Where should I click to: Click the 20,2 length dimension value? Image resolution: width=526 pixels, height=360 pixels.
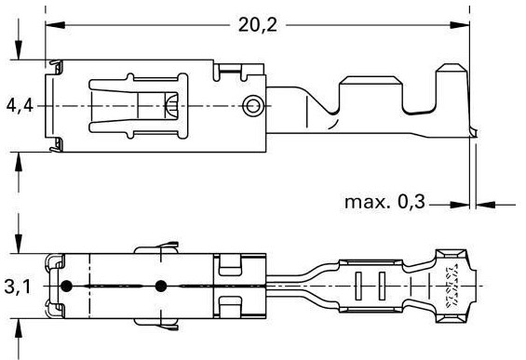click(258, 25)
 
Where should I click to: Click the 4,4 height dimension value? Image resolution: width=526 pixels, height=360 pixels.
click(20, 106)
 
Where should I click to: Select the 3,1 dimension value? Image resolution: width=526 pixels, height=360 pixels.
click(17, 287)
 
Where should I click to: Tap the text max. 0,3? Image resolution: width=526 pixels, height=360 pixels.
click(384, 202)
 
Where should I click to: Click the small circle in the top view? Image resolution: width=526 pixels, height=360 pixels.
click(252, 106)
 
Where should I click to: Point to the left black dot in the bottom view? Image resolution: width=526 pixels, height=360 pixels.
click(66, 286)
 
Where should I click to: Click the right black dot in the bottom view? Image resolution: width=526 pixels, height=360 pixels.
click(161, 286)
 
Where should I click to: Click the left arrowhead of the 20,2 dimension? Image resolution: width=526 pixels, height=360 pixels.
click(55, 25)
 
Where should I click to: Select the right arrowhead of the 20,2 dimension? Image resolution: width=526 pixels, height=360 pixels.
click(460, 25)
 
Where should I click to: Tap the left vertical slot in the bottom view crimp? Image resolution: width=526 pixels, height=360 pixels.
click(358, 286)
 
